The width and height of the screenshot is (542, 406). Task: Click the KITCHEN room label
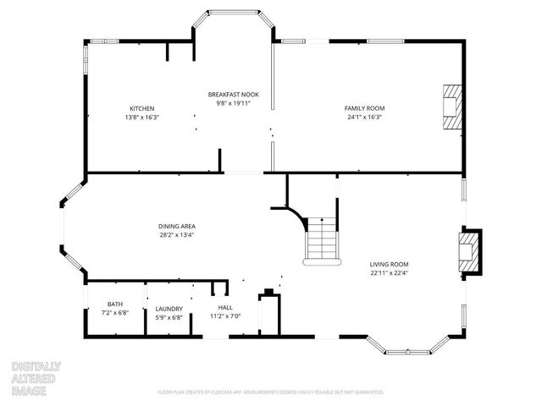click(x=141, y=108)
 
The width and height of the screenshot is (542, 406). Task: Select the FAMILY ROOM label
click(x=364, y=108)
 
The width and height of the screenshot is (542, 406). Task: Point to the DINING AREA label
click(x=177, y=226)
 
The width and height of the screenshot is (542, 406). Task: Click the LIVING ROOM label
click(x=389, y=264)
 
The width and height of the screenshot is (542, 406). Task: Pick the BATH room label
click(x=114, y=304)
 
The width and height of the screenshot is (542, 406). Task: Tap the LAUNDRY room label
click(x=169, y=309)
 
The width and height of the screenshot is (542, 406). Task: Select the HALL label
click(x=225, y=307)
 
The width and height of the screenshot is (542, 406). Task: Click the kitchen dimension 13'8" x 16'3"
click(x=141, y=117)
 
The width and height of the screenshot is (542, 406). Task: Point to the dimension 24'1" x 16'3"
click(x=364, y=117)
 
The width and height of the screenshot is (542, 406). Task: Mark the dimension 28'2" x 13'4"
click(x=177, y=234)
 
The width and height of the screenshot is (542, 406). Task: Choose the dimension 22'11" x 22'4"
click(x=389, y=272)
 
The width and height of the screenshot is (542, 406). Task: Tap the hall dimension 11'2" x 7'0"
click(x=225, y=315)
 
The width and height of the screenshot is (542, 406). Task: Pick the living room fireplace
click(x=468, y=251)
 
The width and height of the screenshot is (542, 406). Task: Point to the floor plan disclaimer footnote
click(x=271, y=392)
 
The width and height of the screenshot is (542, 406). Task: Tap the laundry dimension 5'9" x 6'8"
click(x=169, y=317)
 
